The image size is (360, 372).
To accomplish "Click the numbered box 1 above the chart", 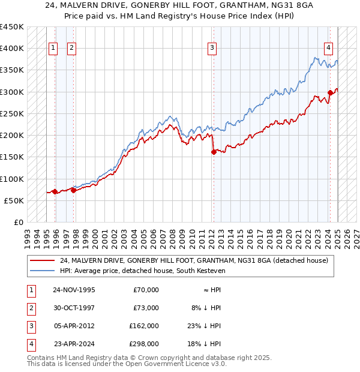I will (x=52, y=49).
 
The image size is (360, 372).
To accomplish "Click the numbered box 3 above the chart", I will (x=212, y=49).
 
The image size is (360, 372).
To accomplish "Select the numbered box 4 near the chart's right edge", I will (x=329, y=49).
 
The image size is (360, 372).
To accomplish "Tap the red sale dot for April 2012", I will (x=214, y=152).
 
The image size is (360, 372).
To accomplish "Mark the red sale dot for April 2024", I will (x=330, y=92).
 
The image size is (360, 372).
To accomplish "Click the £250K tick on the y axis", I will (x=12, y=113).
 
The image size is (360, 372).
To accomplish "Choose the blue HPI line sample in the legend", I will (x=42, y=271).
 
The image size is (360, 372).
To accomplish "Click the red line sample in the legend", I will (x=42, y=261).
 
